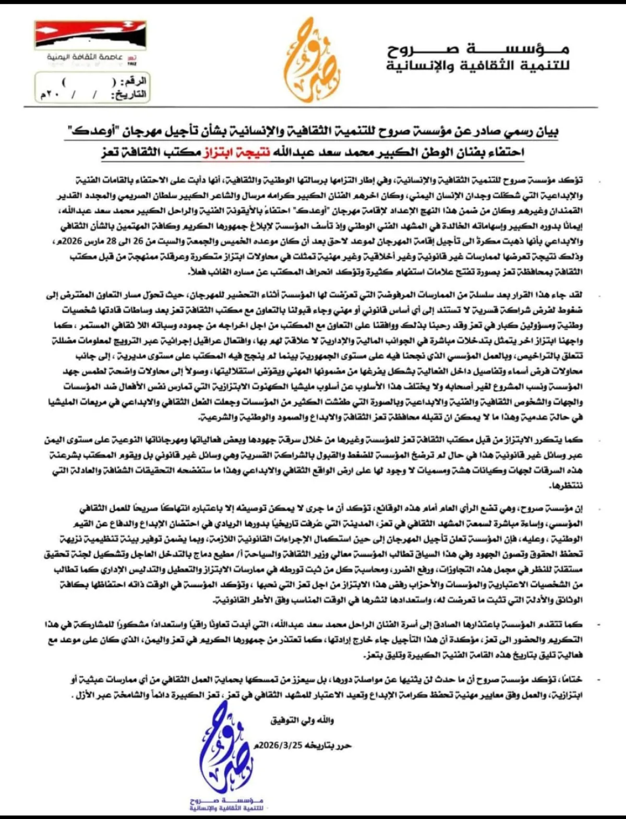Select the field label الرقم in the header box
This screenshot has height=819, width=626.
[134, 82]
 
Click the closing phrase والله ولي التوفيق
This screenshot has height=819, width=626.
[302, 720]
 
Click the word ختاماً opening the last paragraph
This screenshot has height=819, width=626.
[571, 680]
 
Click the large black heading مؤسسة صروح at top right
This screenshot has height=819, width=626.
[478, 50]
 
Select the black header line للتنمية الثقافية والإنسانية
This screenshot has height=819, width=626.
[478, 66]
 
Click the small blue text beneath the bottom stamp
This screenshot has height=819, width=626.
[226, 803]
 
